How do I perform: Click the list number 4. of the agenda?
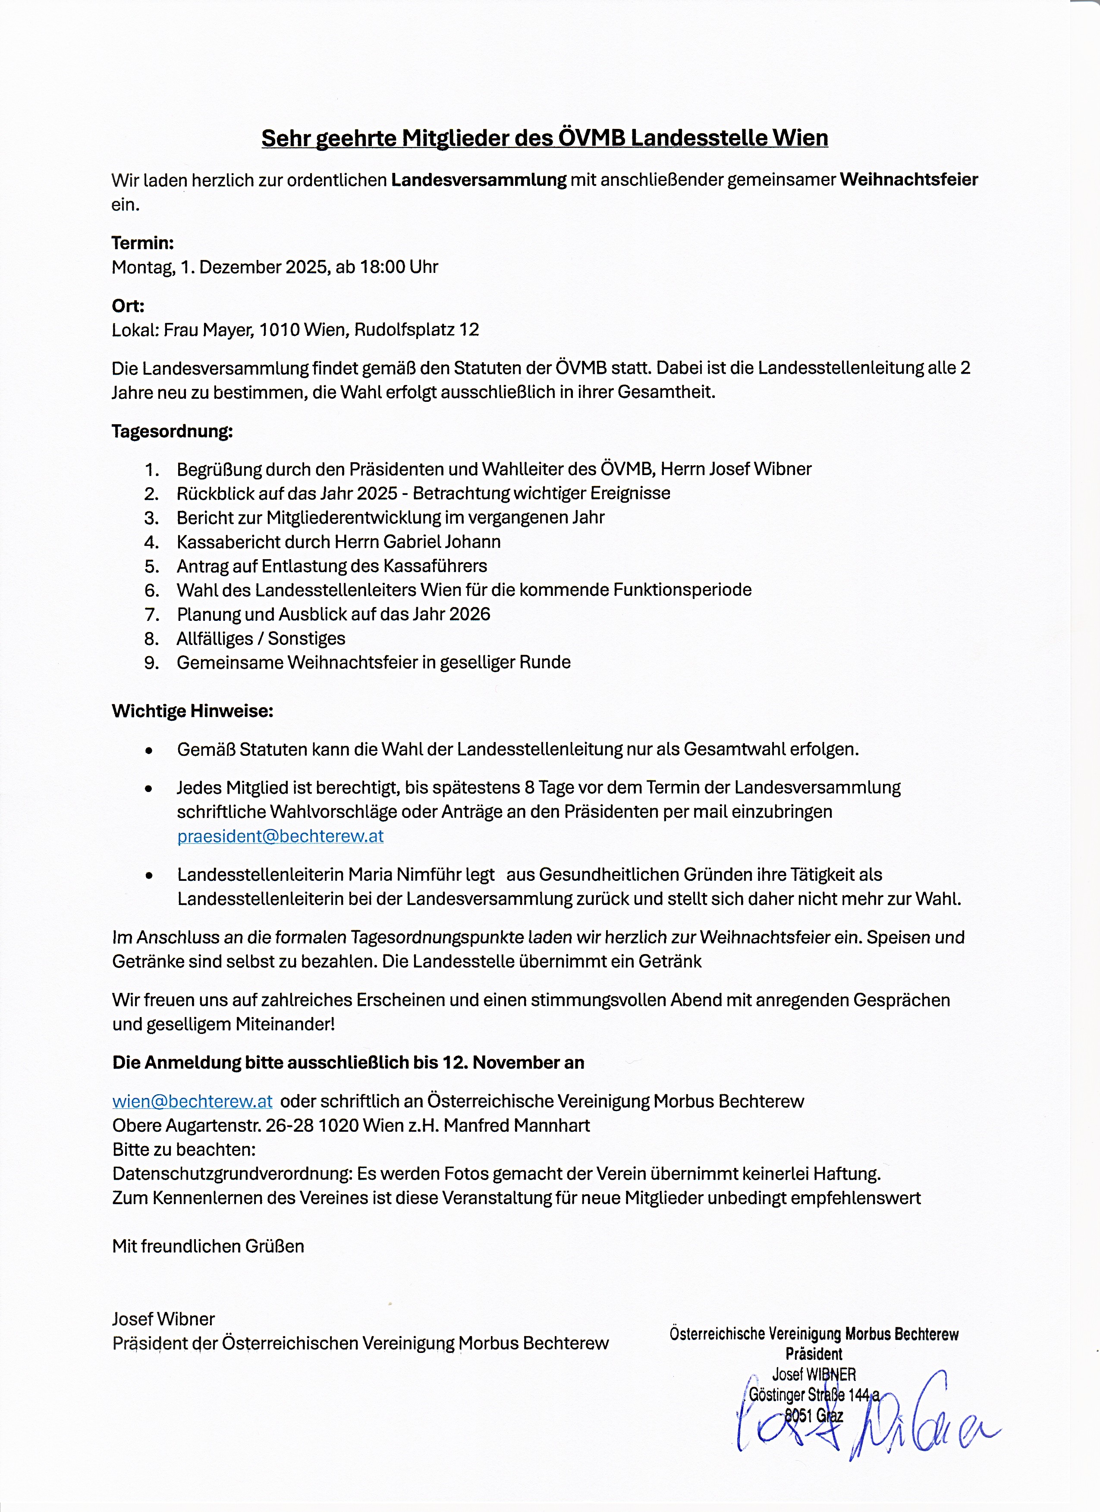point(151,542)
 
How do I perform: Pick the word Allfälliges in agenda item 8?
point(215,638)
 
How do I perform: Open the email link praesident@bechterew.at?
point(280,836)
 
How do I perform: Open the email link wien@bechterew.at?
point(192,1101)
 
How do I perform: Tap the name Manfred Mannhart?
point(516,1125)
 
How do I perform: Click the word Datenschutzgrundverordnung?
point(232,1173)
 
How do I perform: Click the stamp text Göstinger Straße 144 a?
point(814,1394)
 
